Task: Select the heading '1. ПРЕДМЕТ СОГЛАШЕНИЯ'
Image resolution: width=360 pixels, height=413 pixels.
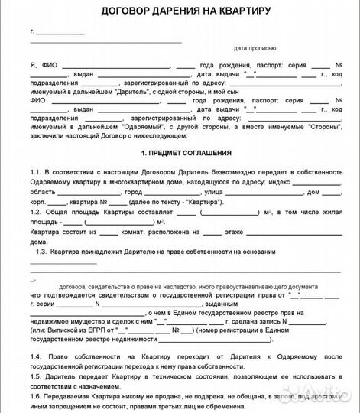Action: click(x=180, y=154)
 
